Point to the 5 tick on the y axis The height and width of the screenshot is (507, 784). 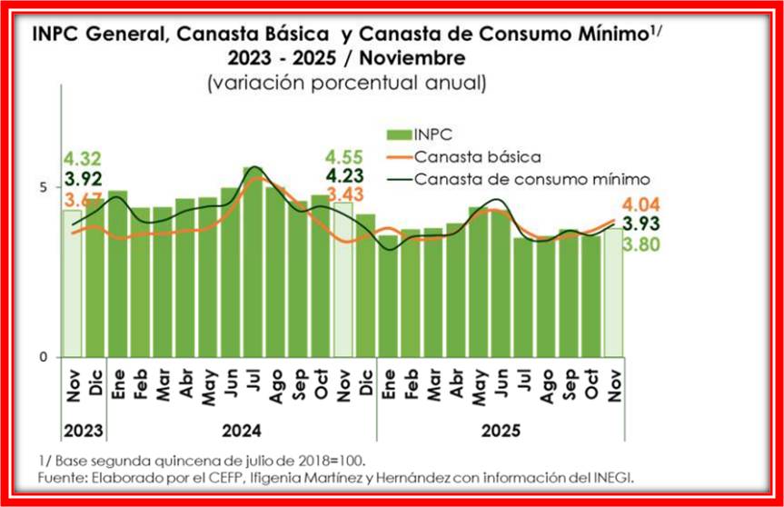pos(44,187)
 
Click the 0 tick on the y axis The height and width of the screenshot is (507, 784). pos(44,357)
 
